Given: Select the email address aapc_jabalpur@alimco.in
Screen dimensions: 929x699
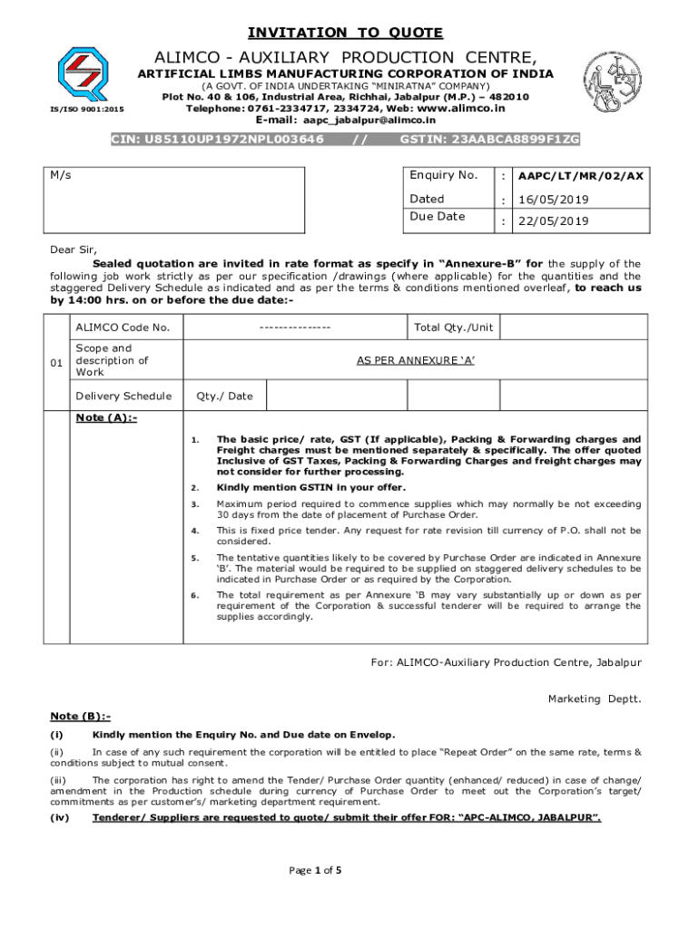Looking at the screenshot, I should click(x=369, y=120).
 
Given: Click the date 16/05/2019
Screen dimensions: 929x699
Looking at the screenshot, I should click(x=553, y=199).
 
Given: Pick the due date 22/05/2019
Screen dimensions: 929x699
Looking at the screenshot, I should click(x=553, y=221).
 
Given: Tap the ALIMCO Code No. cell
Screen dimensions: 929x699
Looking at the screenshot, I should click(x=123, y=328).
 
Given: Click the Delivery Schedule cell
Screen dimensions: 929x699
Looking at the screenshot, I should click(x=123, y=396).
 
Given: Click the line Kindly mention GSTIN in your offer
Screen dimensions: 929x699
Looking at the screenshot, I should click(x=310, y=487).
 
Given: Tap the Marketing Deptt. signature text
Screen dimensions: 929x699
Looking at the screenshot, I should click(x=594, y=699).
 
